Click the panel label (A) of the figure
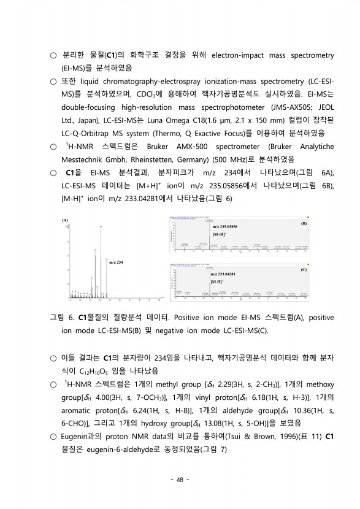[x=66, y=218]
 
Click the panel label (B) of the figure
[x=303, y=224]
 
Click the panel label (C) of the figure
[x=303, y=269]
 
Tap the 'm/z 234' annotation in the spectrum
[x=116, y=262]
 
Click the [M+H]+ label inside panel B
[x=219, y=234]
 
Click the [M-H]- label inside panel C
[x=216, y=281]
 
